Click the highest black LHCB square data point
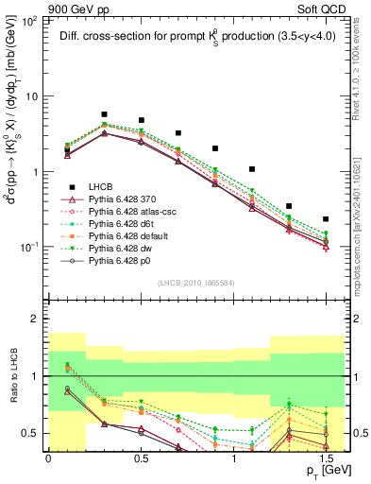point(104,114)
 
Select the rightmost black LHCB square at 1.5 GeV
point(326,218)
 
